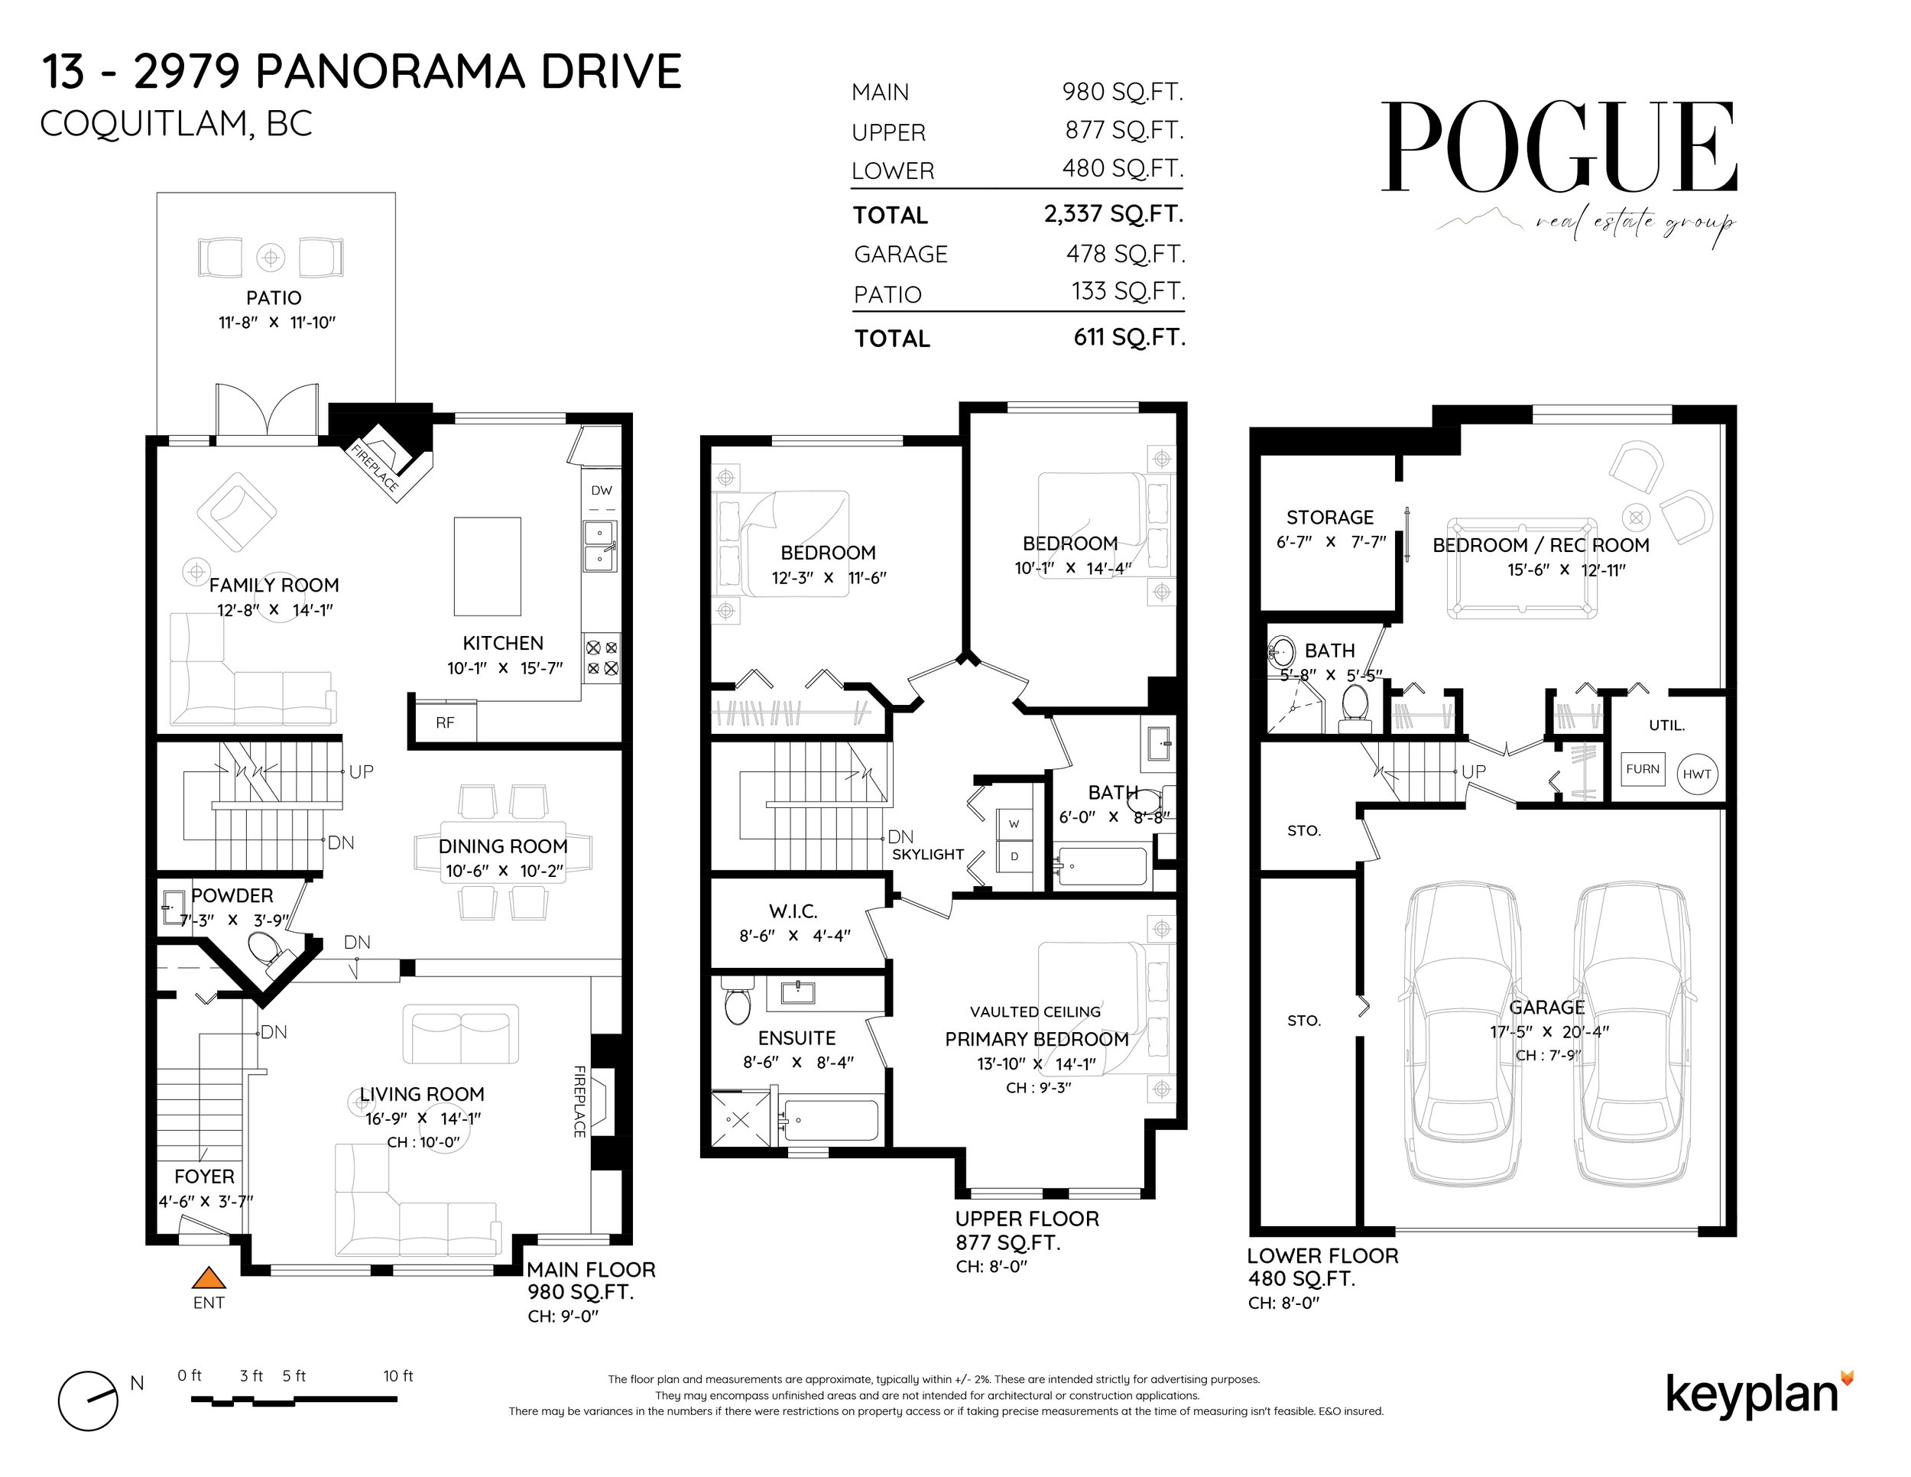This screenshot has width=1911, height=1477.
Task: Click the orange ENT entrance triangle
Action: click(208, 1278)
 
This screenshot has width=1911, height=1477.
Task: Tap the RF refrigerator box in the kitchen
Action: click(445, 722)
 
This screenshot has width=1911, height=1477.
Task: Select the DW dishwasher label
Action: click(601, 491)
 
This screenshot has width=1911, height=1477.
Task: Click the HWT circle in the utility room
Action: click(1697, 774)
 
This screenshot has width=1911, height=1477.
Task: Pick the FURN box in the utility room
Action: click(1643, 769)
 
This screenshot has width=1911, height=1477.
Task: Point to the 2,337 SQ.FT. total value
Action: click(1112, 214)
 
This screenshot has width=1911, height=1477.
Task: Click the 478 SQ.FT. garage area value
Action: click(1125, 254)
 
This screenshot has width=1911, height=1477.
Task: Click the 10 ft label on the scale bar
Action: click(398, 1375)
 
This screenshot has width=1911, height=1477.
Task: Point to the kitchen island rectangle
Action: click(488, 566)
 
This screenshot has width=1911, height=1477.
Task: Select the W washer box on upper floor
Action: click(1014, 824)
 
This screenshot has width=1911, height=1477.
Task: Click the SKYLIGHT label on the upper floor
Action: click(927, 855)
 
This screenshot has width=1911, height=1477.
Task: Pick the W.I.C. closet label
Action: click(793, 911)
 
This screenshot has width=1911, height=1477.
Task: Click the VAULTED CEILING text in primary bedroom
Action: click(1035, 1012)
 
